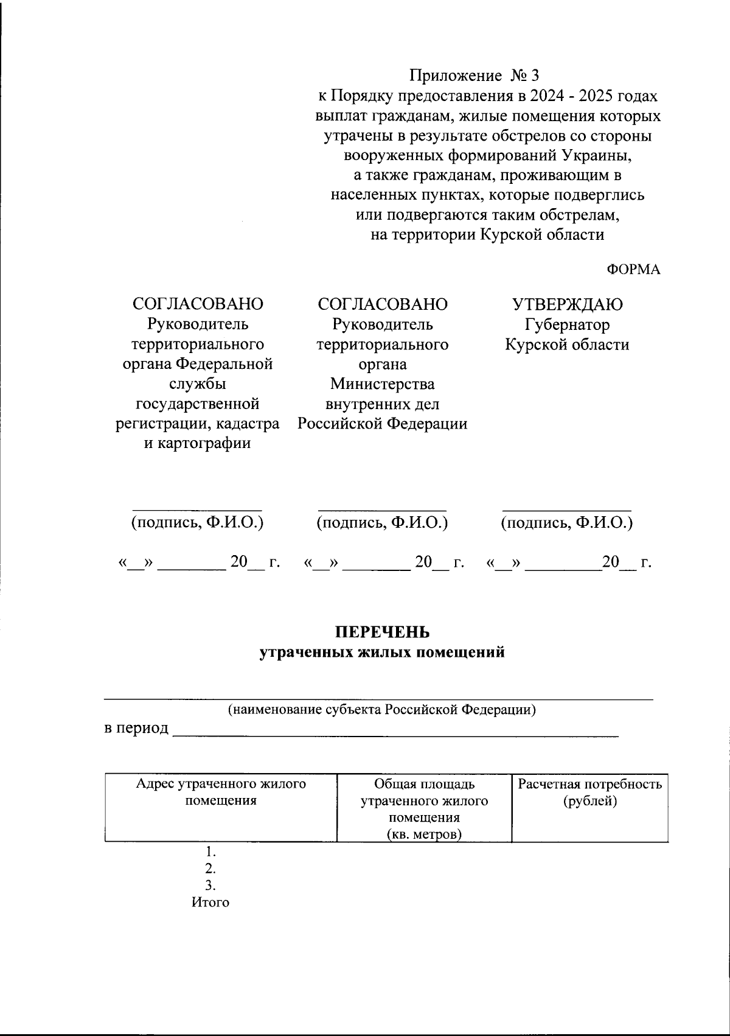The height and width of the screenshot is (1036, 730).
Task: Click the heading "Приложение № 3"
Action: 474,76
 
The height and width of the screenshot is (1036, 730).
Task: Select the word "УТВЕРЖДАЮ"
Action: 567,304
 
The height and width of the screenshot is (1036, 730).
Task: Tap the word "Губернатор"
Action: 567,324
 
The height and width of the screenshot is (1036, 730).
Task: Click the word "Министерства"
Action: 382,384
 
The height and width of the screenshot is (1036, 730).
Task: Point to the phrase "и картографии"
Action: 197,443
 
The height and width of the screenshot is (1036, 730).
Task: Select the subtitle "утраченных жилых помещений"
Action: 382,653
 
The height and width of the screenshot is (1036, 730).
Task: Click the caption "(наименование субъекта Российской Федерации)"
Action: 381,709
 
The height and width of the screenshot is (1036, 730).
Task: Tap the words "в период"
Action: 136,728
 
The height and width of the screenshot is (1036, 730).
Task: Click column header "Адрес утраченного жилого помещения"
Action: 221,792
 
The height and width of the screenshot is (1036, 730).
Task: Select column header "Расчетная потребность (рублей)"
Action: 589,792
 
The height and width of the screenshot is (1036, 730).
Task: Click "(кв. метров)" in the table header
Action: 424,835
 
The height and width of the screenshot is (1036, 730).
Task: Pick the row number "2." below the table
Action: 210,868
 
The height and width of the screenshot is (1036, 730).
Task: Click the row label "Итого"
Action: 210,902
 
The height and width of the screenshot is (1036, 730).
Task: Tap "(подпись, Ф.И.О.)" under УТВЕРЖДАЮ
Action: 566,522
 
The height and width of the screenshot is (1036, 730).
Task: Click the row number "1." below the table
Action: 210,851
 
